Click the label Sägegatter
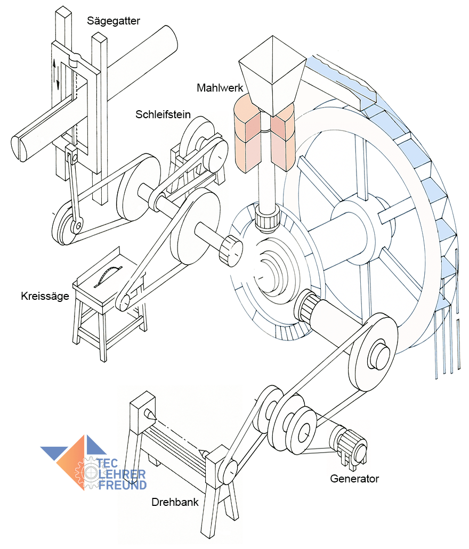pyautogui.click(x=114, y=21)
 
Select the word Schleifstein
pyautogui.click(x=163, y=114)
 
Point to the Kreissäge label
pyautogui.click(x=45, y=296)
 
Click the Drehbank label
pyautogui.click(x=175, y=502)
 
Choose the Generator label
pyautogui.click(x=354, y=478)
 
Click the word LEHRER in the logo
pyautogui.click(x=122, y=474)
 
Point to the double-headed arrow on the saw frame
pyautogui.click(x=57, y=75)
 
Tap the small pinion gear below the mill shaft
pyautogui.click(x=266, y=218)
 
